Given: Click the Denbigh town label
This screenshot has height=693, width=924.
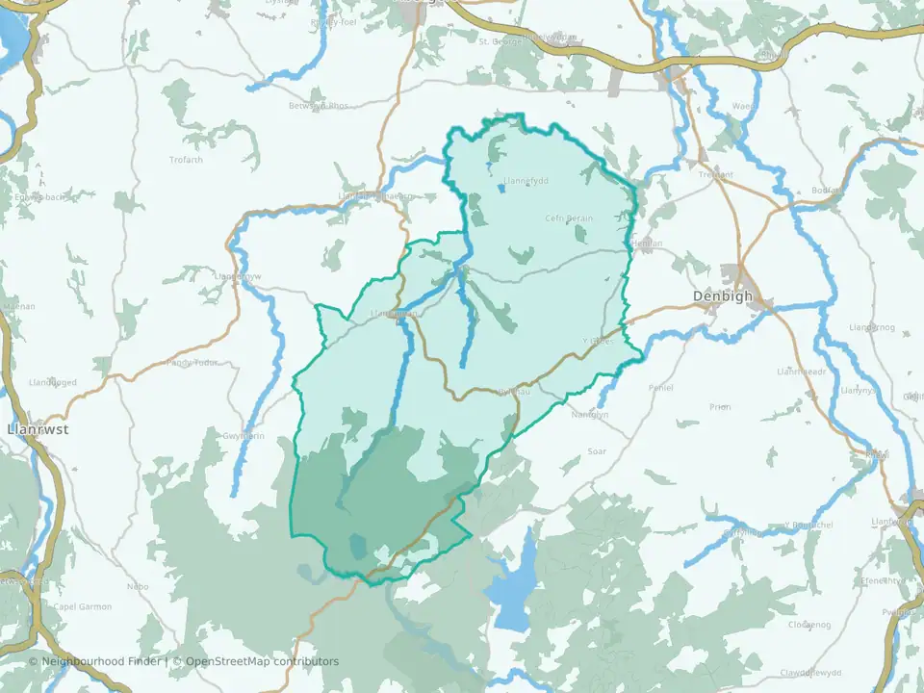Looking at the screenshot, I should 723,296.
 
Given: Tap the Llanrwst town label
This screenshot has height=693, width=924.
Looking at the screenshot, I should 37,429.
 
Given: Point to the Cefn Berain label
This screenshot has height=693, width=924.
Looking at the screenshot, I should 569,218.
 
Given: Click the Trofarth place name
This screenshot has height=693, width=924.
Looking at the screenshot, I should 186,160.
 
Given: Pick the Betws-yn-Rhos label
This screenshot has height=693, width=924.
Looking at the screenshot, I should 318,106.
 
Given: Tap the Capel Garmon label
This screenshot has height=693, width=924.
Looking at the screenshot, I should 83,607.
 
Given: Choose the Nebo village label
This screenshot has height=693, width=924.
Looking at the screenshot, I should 138,586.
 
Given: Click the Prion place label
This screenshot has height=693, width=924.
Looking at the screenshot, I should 720,407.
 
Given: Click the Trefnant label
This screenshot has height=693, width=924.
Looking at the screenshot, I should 715,175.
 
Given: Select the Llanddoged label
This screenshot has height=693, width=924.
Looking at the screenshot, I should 53,382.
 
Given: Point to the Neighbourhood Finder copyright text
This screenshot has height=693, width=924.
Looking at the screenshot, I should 96,661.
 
